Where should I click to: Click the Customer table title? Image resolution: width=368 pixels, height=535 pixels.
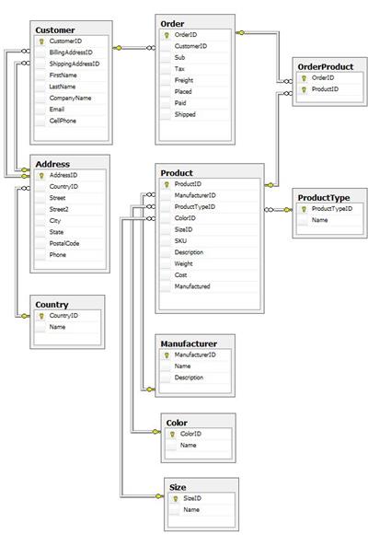tap(55, 30)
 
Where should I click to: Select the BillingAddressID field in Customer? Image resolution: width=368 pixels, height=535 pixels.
tap(71, 52)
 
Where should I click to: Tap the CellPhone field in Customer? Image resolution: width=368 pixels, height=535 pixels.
tap(63, 121)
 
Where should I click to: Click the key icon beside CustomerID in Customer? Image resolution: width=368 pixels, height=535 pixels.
tap(41, 41)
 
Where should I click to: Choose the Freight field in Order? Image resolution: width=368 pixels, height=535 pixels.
tap(184, 80)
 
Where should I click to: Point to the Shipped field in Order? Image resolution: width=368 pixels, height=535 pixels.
tap(185, 114)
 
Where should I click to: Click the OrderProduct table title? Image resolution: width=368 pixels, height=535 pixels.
tap(326, 67)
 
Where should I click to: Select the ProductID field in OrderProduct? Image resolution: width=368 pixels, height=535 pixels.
tap(325, 89)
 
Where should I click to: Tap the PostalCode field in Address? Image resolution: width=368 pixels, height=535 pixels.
tap(64, 243)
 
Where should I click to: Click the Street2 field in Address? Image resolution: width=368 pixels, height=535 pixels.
tap(59, 209)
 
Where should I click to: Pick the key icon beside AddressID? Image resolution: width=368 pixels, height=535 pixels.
tap(41, 175)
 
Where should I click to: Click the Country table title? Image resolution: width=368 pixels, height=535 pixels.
tap(52, 305)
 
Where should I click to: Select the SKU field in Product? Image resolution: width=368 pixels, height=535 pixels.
tap(180, 241)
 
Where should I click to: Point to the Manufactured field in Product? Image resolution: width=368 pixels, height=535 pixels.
tap(192, 286)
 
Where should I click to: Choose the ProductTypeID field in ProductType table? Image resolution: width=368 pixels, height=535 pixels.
tap(332, 208)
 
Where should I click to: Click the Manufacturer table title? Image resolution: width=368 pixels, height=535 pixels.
tap(189, 343)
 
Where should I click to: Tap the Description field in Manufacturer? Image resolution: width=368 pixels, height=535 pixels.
tap(189, 378)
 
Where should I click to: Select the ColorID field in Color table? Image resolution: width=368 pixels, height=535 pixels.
tap(190, 434)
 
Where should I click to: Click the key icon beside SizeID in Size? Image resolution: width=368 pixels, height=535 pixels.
tap(176, 498)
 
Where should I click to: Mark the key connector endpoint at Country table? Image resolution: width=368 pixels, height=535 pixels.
tap(24, 316)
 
